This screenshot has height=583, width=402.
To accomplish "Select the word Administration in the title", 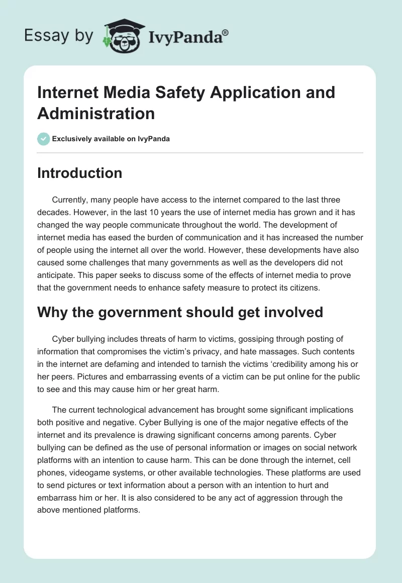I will click(x=96, y=113).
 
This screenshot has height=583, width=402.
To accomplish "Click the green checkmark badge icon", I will click(x=44, y=139).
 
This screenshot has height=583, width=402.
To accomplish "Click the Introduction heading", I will click(x=79, y=173).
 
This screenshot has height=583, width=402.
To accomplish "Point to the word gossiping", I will click(x=253, y=339).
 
